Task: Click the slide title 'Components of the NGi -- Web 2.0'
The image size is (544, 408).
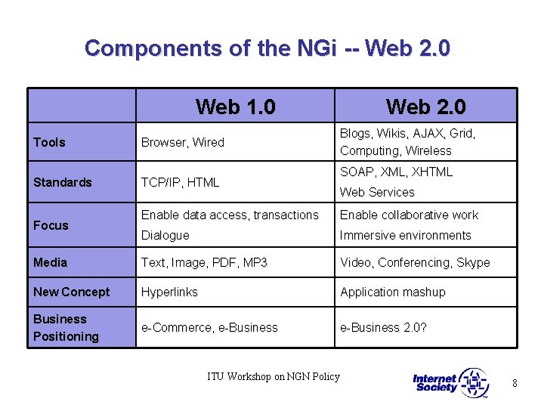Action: coord(267,48)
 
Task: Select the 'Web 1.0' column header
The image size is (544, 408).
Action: coord(235,107)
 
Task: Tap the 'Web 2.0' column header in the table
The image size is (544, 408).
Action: coord(425,107)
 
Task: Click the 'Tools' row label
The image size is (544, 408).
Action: coord(49,142)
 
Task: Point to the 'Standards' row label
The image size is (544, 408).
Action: coord(63,182)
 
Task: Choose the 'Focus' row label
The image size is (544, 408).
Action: coord(51,225)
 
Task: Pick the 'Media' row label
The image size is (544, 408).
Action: coord(50,262)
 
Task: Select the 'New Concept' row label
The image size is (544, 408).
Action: coord(71,292)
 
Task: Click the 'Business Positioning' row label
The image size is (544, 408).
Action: coord(66,327)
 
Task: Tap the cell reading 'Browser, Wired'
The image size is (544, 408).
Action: coord(183,142)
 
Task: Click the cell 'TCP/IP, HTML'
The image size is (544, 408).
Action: coord(181,182)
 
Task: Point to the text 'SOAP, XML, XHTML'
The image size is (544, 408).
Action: coord(396,172)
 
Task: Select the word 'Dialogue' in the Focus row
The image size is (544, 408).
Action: coord(165,235)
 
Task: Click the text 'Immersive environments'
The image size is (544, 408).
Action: coord(405,235)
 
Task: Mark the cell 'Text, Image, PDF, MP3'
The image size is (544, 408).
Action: coord(204,262)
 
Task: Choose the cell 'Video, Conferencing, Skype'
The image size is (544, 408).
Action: coord(415,262)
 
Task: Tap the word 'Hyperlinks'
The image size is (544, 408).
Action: coord(170,292)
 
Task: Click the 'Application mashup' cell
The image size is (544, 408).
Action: coord(393,292)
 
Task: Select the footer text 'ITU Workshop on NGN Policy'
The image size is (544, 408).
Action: coord(274,376)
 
